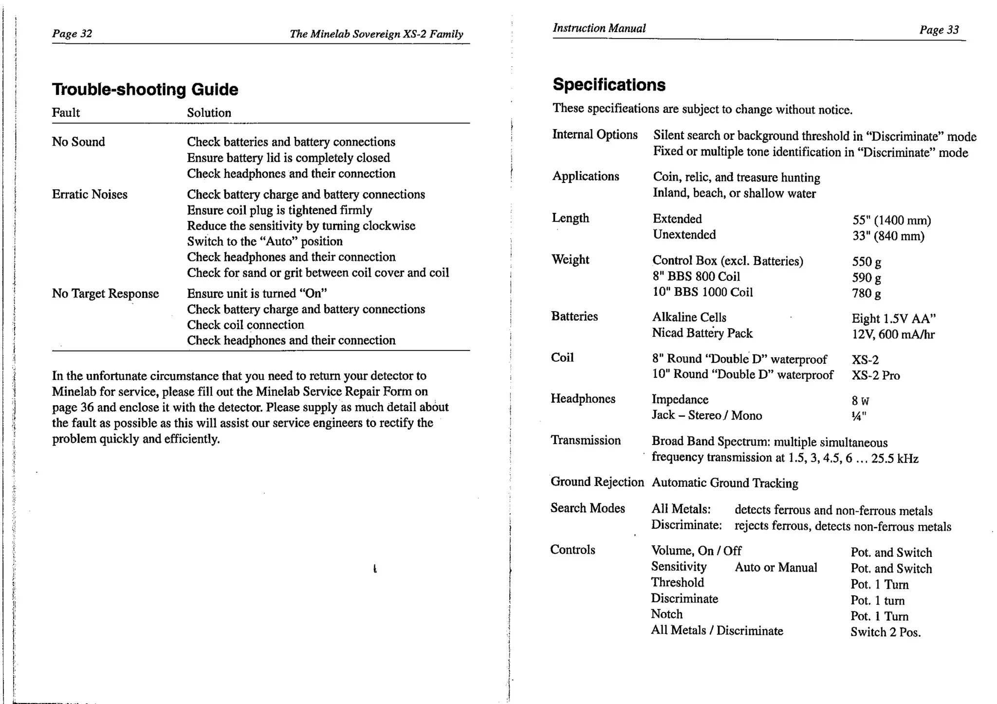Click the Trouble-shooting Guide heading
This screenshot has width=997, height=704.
tap(145, 90)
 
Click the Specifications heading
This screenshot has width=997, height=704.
tap(609, 85)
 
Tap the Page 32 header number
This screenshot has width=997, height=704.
tap(72, 34)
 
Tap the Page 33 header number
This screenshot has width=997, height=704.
tap(939, 30)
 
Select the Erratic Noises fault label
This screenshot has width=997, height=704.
tap(90, 194)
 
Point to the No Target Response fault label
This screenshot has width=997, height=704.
tap(105, 294)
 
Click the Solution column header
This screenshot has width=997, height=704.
tap(209, 113)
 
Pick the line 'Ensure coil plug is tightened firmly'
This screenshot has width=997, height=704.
tap(279, 210)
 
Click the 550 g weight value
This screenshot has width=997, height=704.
tap(866, 262)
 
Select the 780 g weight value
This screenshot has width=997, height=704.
tap(866, 294)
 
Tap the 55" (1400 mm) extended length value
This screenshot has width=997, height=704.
tap(891, 221)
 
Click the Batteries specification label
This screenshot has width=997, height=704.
tap(574, 316)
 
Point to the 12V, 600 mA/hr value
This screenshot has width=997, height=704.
tap(893, 334)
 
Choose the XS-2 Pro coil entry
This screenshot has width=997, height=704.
tap(875, 375)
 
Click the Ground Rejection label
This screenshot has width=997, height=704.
tap(597, 482)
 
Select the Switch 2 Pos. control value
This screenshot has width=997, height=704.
tap(885, 632)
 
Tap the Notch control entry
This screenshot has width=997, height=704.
tap(666, 614)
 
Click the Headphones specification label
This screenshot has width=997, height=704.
tap(583, 399)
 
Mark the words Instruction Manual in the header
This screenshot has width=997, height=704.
tap(599, 28)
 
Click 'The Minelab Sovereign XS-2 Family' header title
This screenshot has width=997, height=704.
tap(376, 34)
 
